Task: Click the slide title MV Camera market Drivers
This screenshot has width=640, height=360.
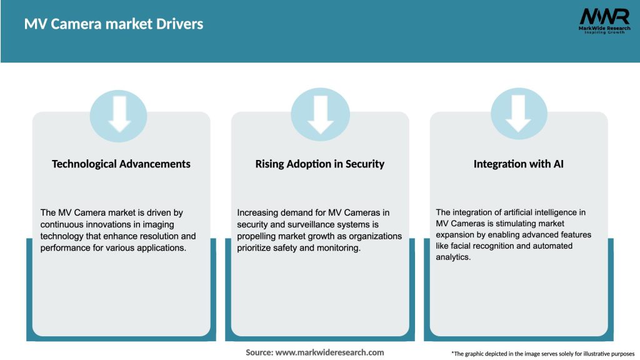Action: click(x=114, y=24)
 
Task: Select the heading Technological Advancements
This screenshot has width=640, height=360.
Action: click(x=121, y=164)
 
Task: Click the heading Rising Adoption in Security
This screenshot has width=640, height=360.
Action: click(x=320, y=164)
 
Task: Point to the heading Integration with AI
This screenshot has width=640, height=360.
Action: click(x=518, y=164)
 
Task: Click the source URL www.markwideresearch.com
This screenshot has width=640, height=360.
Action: click(x=329, y=352)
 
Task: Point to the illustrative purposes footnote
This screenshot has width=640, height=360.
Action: click(x=542, y=354)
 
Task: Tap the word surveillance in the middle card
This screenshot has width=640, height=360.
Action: click(x=297, y=224)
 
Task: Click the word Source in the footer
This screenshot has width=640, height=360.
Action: click(x=259, y=352)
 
